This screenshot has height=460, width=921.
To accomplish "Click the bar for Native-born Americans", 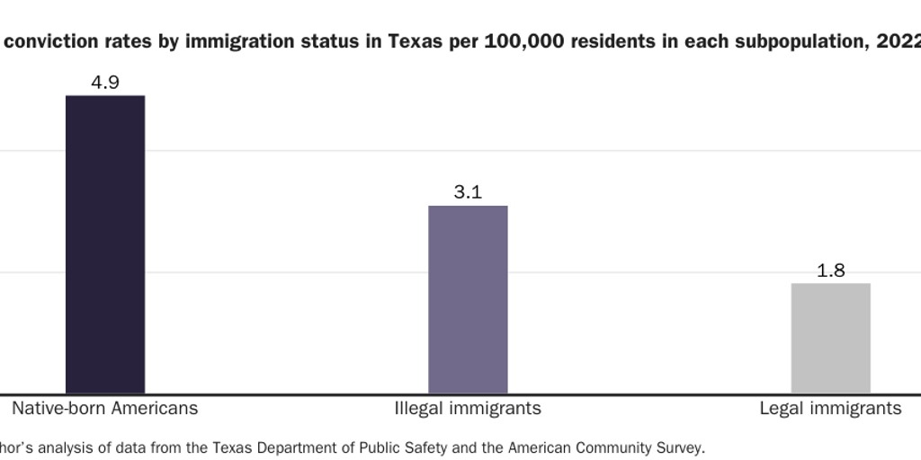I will pyautogui.click(x=105, y=243).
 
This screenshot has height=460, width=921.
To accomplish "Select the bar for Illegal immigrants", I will pyautogui.click(x=468, y=299).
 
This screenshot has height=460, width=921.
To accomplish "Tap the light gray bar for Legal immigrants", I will pyautogui.click(x=830, y=338).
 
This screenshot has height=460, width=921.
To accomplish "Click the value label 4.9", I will pyautogui.click(x=105, y=83).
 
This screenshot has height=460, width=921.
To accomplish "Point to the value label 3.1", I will pyautogui.click(x=468, y=192).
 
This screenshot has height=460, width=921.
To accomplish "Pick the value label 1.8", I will pyautogui.click(x=830, y=270).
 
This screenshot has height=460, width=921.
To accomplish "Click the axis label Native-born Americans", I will pyautogui.click(x=104, y=408).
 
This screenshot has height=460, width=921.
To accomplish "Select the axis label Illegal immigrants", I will pyautogui.click(x=468, y=408).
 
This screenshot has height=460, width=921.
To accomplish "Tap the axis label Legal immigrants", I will pyautogui.click(x=830, y=408).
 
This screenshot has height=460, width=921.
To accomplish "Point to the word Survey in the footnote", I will pyautogui.click(x=680, y=447).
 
